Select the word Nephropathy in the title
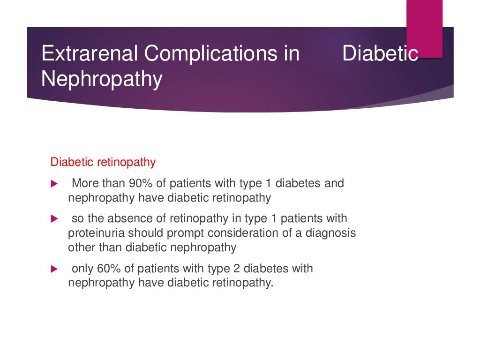pyautogui.click(x=102, y=79)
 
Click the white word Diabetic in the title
pyautogui.click(x=380, y=53)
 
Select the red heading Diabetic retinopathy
pyautogui.click(x=103, y=163)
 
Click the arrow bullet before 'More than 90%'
pyautogui.click(x=53, y=183)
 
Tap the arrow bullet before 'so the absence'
pyautogui.click(x=53, y=218)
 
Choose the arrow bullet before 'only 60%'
pyautogui.click(x=53, y=269)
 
